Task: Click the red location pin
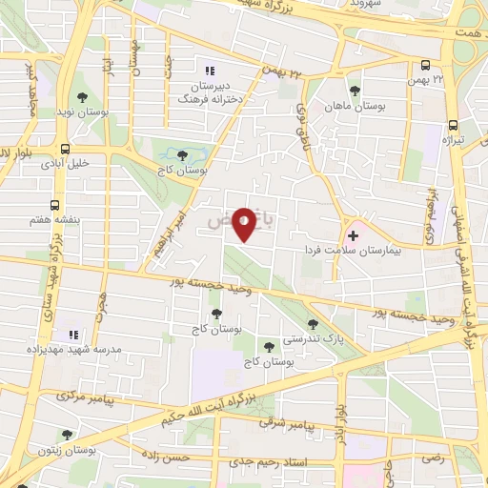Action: (245, 223)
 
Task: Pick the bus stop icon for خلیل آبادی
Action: (65, 149)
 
